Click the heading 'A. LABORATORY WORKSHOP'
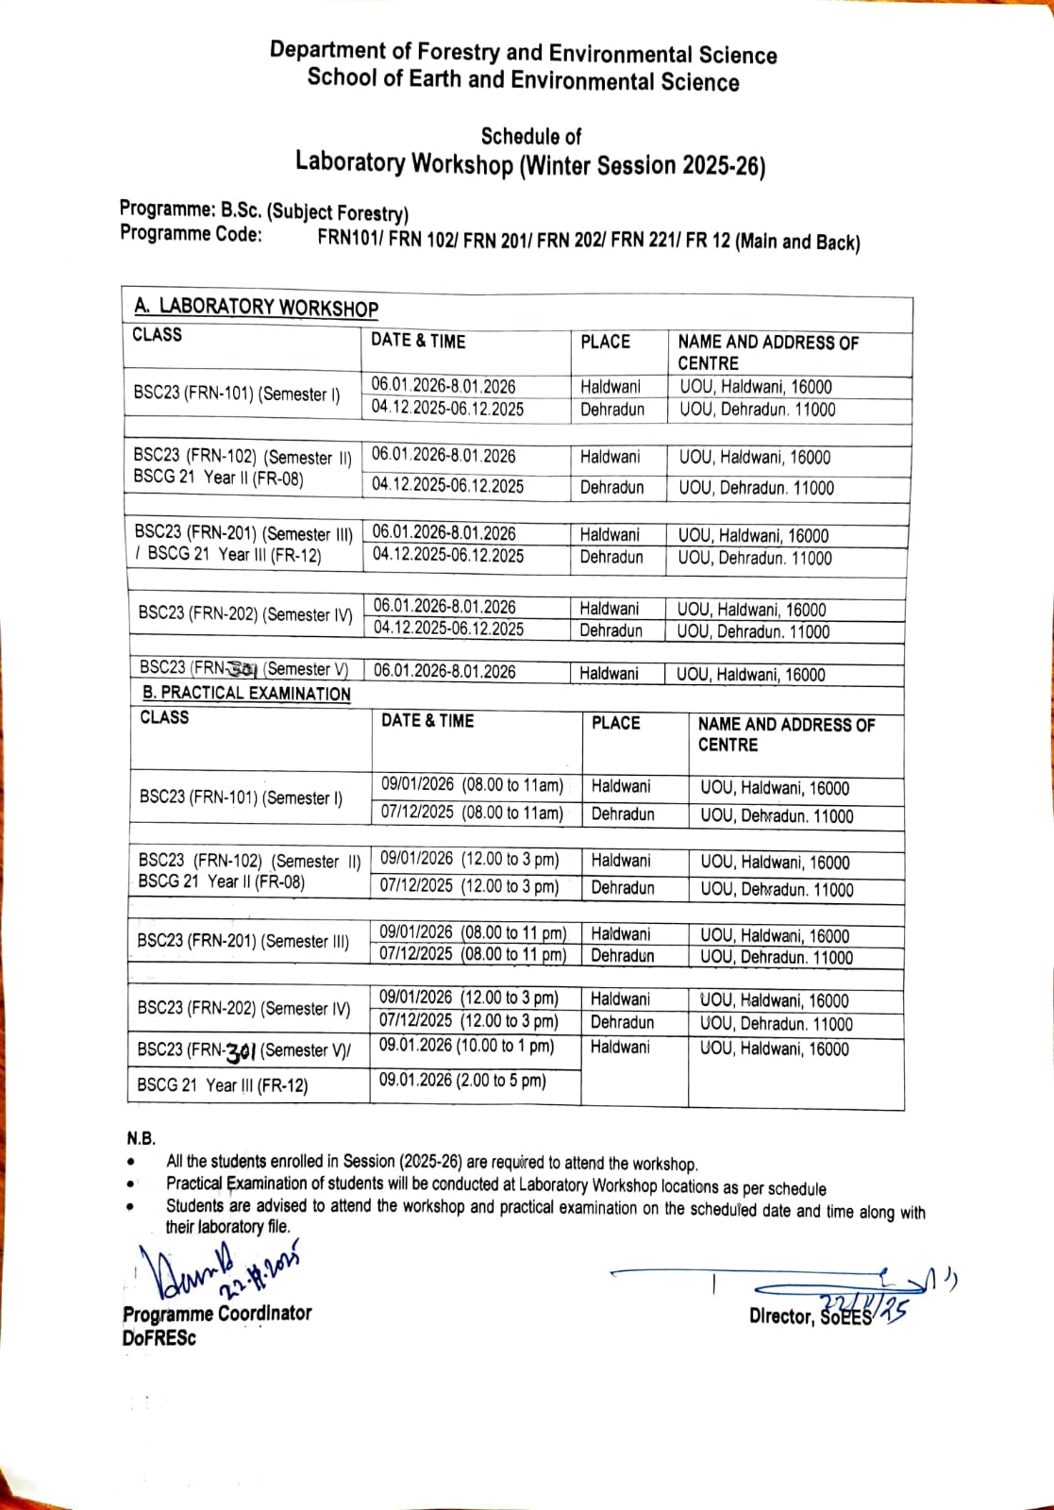256,307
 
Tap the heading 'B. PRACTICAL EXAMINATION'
246,694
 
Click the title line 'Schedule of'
530,136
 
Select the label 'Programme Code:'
191,234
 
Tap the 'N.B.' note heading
142,1138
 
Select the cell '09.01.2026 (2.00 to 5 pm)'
462,1081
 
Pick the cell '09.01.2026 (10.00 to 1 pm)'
466,1046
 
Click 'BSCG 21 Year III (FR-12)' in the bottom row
222,1085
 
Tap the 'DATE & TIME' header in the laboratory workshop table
418,341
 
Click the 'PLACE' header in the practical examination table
615,723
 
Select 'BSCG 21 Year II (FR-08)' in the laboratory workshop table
218,478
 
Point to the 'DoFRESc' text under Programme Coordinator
159,1338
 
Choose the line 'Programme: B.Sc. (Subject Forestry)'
263,210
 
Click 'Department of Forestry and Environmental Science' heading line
523,53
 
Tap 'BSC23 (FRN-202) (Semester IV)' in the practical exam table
243,1008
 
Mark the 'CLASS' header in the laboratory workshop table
157,334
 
